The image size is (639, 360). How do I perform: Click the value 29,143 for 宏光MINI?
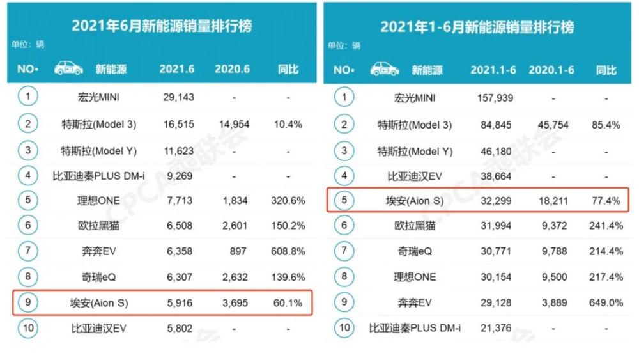(x=176, y=98)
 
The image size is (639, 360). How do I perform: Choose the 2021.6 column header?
(x=176, y=69)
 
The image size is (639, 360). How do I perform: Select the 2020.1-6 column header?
(x=551, y=70)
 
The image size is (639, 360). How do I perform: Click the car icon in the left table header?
(x=68, y=68)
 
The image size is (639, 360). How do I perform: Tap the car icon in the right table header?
(x=384, y=69)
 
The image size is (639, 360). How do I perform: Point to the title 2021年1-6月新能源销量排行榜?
(x=477, y=26)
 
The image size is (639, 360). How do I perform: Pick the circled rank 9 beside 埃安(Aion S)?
(x=27, y=302)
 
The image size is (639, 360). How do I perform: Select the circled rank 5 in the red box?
(x=344, y=200)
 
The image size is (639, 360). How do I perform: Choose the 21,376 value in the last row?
(x=497, y=329)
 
